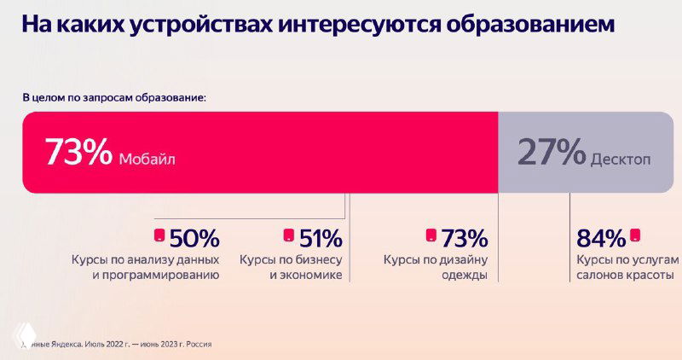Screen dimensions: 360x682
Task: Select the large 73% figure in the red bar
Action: click(x=78, y=152)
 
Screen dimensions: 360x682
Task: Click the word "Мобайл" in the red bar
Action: click(x=150, y=158)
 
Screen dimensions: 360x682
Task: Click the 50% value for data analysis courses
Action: click(x=194, y=237)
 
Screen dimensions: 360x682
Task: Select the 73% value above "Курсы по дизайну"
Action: click(x=464, y=237)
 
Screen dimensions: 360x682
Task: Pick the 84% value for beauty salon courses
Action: click(x=601, y=237)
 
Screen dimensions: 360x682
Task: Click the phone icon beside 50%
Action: click(x=158, y=235)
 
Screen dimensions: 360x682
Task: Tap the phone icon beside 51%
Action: click(x=288, y=235)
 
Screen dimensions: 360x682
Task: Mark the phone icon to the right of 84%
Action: click(x=635, y=235)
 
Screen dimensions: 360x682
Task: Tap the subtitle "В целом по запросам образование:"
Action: click(x=113, y=97)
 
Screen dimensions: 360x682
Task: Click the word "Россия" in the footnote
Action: click(x=195, y=345)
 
